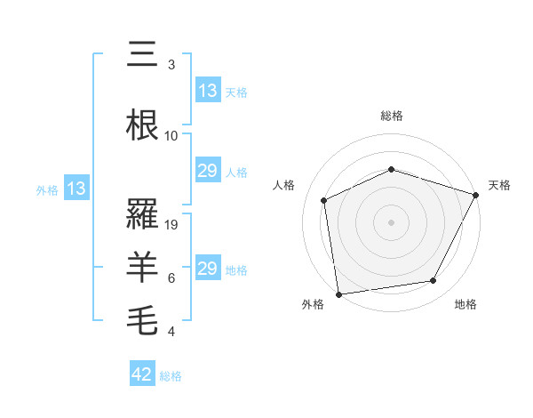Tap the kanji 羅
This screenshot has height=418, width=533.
click(x=144, y=213)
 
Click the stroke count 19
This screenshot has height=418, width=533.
click(x=172, y=225)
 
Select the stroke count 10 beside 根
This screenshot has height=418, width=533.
click(x=171, y=136)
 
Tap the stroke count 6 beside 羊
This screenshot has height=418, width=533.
click(x=171, y=278)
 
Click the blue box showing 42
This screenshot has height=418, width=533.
click(x=142, y=375)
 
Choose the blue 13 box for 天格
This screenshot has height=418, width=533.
click(x=208, y=91)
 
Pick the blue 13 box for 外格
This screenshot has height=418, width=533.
click(x=76, y=189)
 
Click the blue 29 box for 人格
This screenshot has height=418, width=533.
click(x=208, y=171)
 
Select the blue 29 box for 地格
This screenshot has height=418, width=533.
click(x=208, y=269)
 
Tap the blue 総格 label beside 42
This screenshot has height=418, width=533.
click(x=171, y=376)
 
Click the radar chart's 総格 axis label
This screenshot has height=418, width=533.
click(x=391, y=116)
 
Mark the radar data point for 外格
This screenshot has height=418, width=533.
click(x=338, y=293)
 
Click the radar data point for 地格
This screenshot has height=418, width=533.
click(x=434, y=281)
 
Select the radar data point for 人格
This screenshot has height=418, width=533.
click(x=324, y=200)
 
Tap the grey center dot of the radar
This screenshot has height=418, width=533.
click(x=391, y=221)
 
